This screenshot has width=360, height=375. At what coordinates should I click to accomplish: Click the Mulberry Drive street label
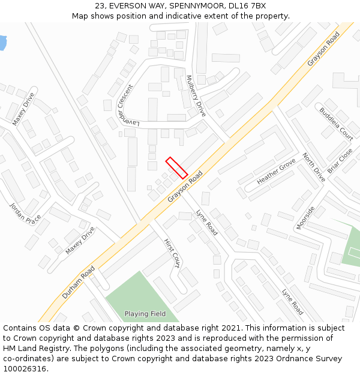point(196,96)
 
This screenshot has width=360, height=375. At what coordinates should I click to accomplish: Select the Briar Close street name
point(340,161)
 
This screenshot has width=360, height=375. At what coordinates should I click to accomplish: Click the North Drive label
point(313,167)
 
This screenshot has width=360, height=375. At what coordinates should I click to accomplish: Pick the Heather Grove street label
point(276,172)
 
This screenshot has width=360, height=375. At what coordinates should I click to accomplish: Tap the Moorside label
point(305,218)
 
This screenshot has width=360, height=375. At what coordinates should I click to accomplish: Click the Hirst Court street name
point(172,252)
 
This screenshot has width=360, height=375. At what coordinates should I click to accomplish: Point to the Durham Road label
point(78,283)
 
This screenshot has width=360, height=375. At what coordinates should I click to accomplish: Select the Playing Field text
point(145,314)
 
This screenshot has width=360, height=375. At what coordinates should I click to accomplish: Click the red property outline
point(176,167)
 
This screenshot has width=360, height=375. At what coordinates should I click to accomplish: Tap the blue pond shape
point(2,42)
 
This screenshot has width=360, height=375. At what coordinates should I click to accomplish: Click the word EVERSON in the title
point(143,5)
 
